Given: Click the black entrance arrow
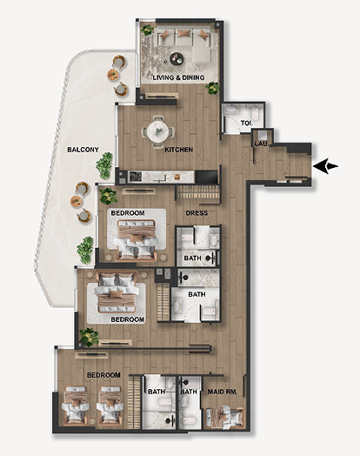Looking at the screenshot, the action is pyautogui.click(x=325, y=166).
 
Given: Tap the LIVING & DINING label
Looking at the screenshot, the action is pyautogui.click(x=178, y=77).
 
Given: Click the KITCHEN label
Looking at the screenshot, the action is pyautogui.click(x=178, y=150).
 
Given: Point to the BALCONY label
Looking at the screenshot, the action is pyautogui.click(x=83, y=150).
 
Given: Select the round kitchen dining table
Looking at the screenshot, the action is pyautogui.click(x=157, y=131).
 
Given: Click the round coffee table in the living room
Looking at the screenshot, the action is pyautogui.click(x=177, y=59).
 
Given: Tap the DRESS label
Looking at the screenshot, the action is pyautogui.click(x=197, y=213).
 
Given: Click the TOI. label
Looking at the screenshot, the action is pyautogui.click(x=247, y=123).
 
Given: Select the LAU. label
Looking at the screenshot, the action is pyautogui.click(x=262, y=144).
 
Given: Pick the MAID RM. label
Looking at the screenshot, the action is pyautogui.click(x=223, y=392).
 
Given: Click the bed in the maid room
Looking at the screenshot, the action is pyautogui.click(x=224, y=418).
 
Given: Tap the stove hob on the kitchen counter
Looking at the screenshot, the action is pyautogui.click(x=135, y=177).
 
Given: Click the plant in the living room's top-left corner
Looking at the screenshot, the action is pyautogui.click(x=147, y=30).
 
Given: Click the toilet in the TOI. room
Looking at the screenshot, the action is pyautogui.click(x=255, y=114).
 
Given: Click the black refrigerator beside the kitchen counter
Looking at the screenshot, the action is pyautogui.click(x=207, y=177).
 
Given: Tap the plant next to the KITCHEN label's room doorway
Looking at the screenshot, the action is pyautogui.click(x=213, y=88).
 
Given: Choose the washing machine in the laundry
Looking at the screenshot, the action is pyautogui.click(x=262, y=135).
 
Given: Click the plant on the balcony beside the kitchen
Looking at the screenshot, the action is pyautogui.click(x=104, y=165).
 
